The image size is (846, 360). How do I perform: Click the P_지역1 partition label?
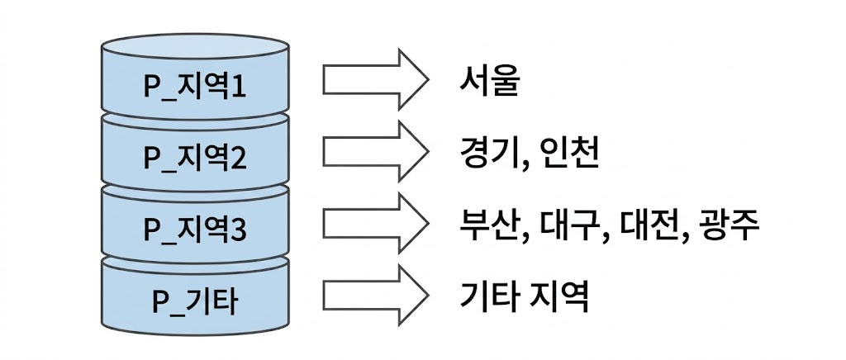pyautogui.click(x=195, y=85)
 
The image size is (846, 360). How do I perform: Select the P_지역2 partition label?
pyautogui.click(x=195, y=157)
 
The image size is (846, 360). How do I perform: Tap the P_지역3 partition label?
pyautogui.click(x=195, y=226)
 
